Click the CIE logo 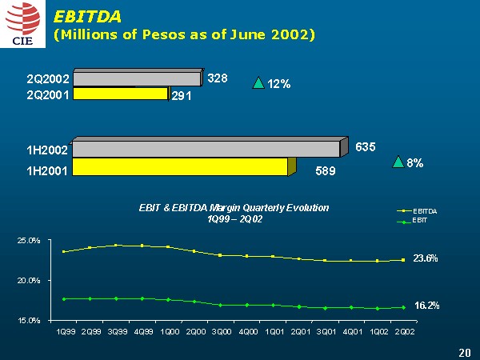click(22, 25)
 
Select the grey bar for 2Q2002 click(136, 78)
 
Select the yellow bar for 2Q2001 click(120, 94)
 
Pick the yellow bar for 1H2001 click(180, 166)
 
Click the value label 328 click(218, 78)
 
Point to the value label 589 click(325, 170)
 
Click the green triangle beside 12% click(258, 82)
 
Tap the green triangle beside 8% click(398, 162)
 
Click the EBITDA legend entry click(422, 210)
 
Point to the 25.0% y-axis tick click(30, 240)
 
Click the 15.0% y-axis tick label click(30, 319)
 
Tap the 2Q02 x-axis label click(403, 330)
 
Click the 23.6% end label click(425, 258)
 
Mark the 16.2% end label click(425, 306)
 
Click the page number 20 click(465, 351)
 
